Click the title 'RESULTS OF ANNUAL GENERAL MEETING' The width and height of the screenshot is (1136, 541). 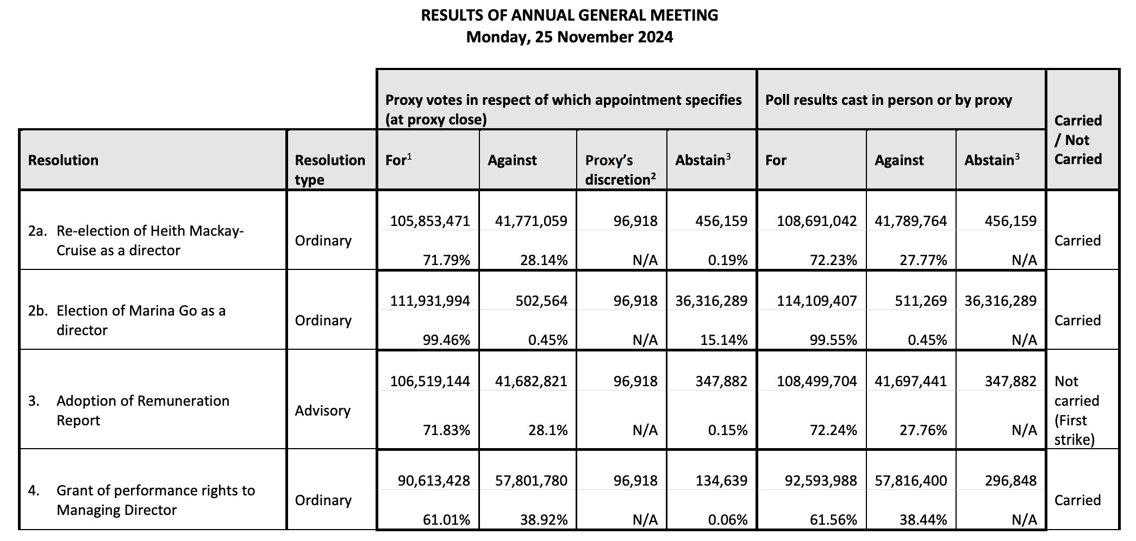(x=569, y=15)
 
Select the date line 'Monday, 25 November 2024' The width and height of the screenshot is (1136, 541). (x=569, y=37)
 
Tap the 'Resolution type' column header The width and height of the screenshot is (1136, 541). (x=330, y=169)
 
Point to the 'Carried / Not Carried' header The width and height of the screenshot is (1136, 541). (x=1078, y=140)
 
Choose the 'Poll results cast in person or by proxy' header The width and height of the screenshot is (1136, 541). (x=889, y=100)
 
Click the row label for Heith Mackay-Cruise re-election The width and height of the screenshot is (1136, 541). (x=136, y=240)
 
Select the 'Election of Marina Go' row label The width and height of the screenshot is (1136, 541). (x=127, y=320)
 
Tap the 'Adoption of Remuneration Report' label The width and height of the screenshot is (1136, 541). (x=129, y=410)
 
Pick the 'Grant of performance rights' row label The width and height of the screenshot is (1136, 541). (x=141, y=500)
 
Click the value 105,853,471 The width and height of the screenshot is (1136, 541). (x=430, y=221)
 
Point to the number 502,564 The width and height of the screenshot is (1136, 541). (x=541, y=300)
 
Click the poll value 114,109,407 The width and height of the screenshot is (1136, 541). (x=817, y=300)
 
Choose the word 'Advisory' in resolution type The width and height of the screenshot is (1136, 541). (x=323, y=411)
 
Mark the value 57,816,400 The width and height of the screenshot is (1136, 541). (x=911, y=480)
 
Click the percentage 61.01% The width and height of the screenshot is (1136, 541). (x=446, y=520)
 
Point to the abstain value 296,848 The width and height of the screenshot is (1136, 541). (x=1011, y=480)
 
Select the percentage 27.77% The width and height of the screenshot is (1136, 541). (x=923, y=260)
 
